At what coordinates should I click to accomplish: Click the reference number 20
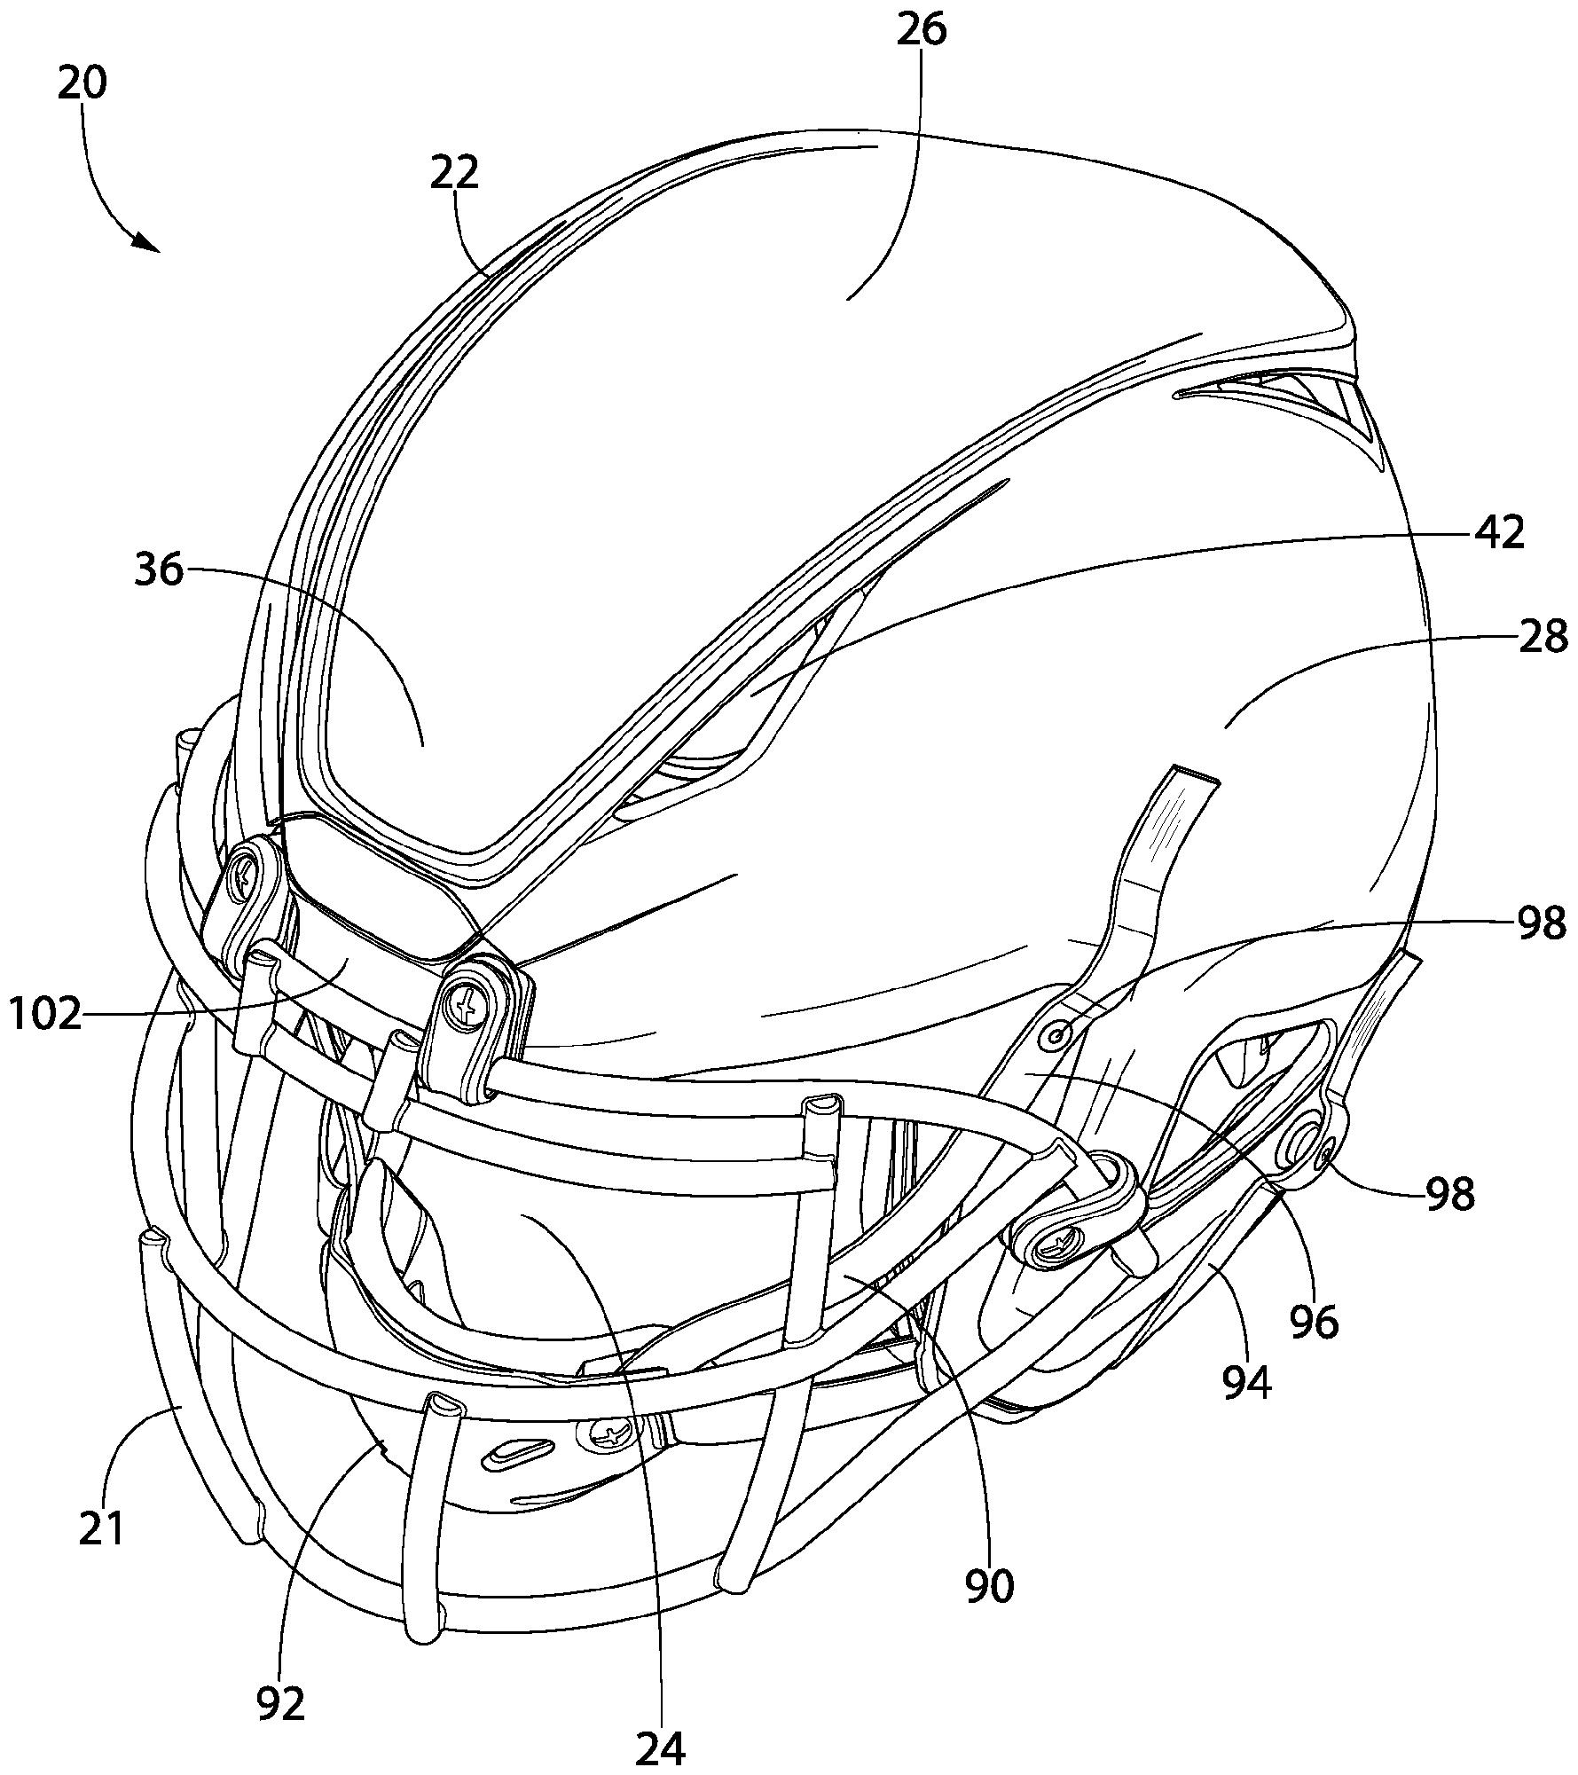(x=82, y=83)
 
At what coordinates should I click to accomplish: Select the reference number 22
(x=455, y=173)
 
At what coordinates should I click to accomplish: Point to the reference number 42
(x=1500, y=531)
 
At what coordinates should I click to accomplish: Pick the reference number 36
(x=160, y=569)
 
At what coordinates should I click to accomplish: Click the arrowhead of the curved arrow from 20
(x=146, y=242)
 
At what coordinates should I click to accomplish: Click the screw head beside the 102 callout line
(x=464, y=1003)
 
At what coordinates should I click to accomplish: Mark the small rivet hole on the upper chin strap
(x=1057, y=1035)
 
